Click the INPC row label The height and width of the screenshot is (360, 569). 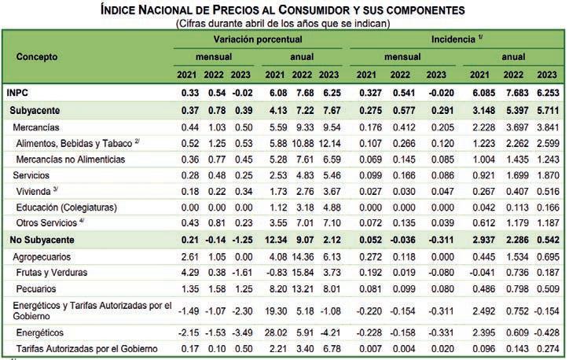18,92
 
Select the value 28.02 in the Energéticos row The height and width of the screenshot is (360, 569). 275,332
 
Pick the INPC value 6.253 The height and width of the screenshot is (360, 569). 548,92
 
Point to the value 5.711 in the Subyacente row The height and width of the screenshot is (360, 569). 548,109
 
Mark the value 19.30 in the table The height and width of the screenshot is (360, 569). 275,311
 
